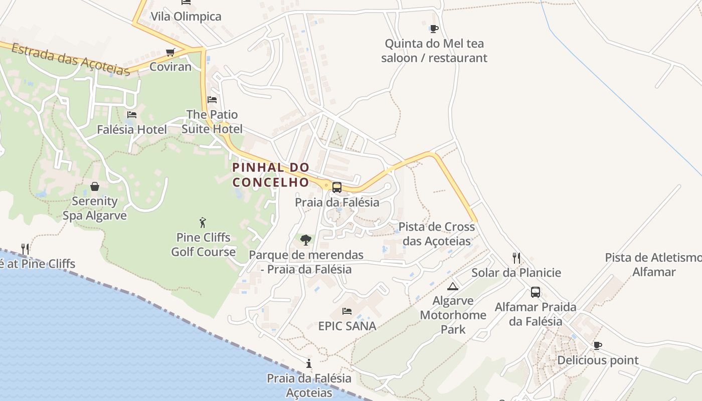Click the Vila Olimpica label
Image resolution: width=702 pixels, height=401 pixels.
pyautogui.click(x=186, y=17)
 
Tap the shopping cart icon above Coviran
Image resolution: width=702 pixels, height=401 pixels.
pyautogui.click(x=170, y=53)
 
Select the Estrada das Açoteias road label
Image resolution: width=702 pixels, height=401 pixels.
pyautogui.click(x=70, y=59)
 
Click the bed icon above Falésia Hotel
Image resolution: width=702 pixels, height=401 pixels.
pyautogui.click(x=132, y=115)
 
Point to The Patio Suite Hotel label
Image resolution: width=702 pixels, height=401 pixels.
pyautogui.click(x=212, y=122)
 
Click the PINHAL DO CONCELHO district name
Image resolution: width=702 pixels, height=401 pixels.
pyautogui.click(x=271, y=174)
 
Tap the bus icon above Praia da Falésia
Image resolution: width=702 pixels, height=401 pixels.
pyautogui.click(x=337, y=187)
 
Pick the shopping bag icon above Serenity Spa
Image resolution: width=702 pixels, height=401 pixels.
pyautogui.click(x=95, y=187)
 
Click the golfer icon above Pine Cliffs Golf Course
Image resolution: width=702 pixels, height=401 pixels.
pyautogui.click(x=203, y=223)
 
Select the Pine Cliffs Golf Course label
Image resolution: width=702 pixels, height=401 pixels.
pyautogui.click(x=203, y=245)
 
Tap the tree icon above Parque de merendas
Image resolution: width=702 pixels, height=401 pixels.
pyautogui.click(x=306, y=240)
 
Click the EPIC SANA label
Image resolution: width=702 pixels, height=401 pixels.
pyautogui.click(x=347, y=326)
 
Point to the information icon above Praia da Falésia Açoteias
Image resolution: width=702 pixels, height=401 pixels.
pyautogui.click(x=309, y=363)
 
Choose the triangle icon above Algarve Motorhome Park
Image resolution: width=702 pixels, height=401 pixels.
pyautogui.click(x=453, y=286)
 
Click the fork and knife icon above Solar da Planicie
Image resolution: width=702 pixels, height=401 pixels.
pyautogui.click(x=516, y=258)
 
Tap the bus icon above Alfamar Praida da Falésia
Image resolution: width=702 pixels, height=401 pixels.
pyautogui.click(x=536, y=292)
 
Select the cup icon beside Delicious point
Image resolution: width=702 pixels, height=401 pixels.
pyautogui.click(x=597, y=345)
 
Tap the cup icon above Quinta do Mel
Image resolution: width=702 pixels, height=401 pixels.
pyautogui.click(x=434, y=29)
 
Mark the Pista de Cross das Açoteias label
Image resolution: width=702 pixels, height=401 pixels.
pyautogui.click(x=437, y=234)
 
